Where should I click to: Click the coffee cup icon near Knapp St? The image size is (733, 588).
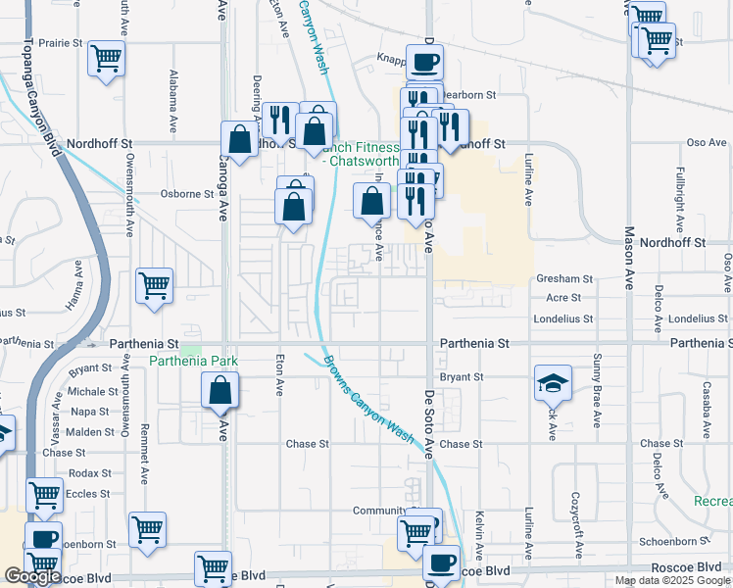pyautogui.click(x=424, y=63)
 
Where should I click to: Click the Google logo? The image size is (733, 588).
pyautogui.click(x=32, y=576)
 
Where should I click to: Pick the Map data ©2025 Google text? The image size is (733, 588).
pyautogui.click(x=672, y=580)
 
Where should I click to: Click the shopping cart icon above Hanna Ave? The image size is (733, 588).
pyautogui.click(x=155, y=286)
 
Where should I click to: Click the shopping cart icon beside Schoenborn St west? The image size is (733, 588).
pyautogui.click(x=146, y=529)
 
